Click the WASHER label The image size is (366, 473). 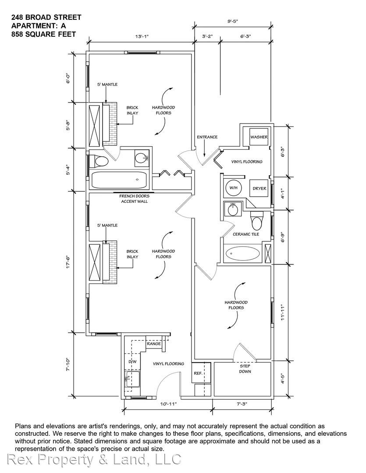[x=259, y=137]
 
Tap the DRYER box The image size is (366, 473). [x=259, y=188]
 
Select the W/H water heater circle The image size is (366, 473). [x=234, y=187]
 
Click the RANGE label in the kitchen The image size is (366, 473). [x=154, y=344]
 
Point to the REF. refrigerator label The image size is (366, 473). [x=198, y=373]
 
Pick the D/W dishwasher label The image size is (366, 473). [x=132, y=361]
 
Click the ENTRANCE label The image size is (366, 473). [x=207, y=137]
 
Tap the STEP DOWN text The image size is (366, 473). [x=245, y=369]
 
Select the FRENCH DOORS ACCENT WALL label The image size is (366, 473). [x=135, y=198]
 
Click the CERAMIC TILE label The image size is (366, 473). [x=246, y=234]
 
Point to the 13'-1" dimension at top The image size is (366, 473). [x=142, y=36]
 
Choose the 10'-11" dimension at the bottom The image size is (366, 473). [x=169, y=404]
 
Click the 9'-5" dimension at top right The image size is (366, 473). [x=233, y=21]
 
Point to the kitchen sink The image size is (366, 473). [x=132, y=379]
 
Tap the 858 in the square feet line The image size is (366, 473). [x=17, y=35]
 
